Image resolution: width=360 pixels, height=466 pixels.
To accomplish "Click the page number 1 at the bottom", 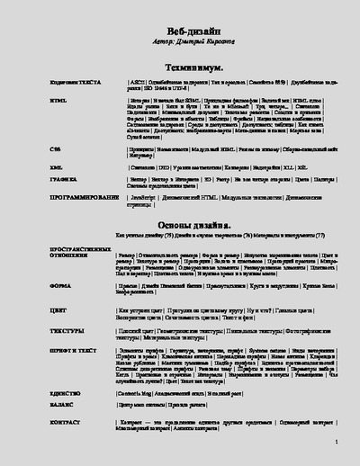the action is pos(335,443).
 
